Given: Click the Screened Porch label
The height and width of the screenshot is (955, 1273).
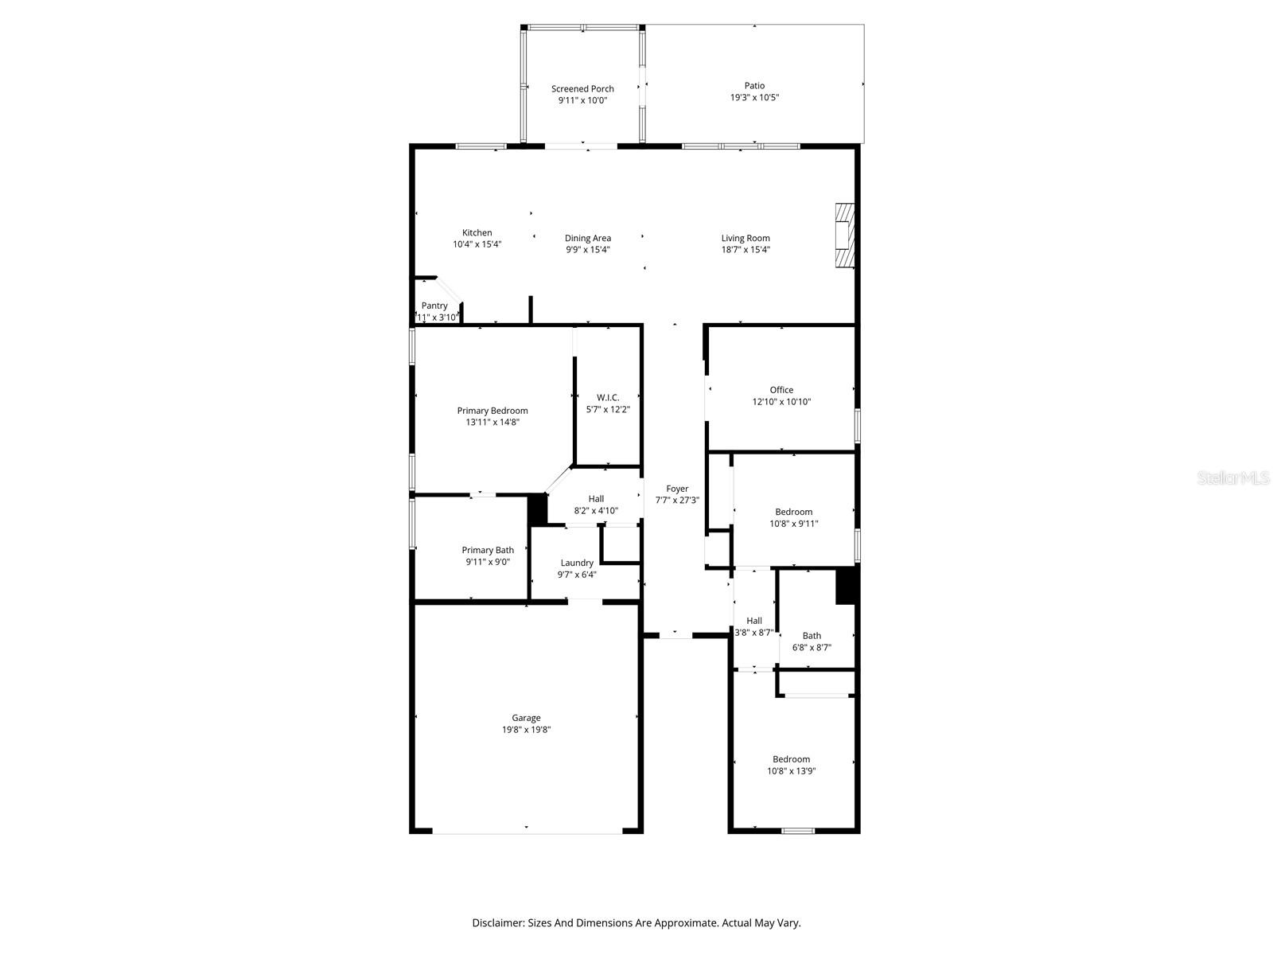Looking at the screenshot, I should (582, 89).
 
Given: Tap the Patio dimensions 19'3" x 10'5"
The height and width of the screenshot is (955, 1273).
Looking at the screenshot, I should (754, 98).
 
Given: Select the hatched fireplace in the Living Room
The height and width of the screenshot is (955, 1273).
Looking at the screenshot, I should (844, 237).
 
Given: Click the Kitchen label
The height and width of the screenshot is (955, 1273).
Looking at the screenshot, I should (477, 233).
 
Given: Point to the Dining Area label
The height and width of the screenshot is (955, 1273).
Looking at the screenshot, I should (588, 238).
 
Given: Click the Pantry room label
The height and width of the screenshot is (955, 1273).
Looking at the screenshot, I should (434, 306).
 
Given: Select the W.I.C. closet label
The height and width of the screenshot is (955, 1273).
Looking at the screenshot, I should (608, 398).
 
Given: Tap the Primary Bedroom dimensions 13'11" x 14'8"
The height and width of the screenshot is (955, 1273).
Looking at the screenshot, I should (492, 423).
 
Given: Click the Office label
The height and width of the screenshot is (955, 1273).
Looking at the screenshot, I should (781, 390).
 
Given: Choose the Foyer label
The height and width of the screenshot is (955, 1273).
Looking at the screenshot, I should (677, 489).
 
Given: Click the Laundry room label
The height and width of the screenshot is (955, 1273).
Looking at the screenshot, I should (577, 563).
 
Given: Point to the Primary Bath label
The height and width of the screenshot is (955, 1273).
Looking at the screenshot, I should (488, 550).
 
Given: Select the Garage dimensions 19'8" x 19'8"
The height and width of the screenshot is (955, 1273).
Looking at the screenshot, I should (526, 730).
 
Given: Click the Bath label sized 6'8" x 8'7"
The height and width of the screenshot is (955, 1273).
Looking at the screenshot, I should (812, 636).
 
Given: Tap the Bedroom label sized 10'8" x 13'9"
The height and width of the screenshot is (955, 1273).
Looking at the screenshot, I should (791, 759).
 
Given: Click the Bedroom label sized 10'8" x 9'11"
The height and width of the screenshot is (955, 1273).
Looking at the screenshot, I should (793, 512).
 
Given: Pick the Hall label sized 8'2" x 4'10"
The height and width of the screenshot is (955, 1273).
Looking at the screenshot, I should (596, 499).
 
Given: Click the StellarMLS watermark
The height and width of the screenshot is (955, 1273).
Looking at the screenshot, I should (1234, 477).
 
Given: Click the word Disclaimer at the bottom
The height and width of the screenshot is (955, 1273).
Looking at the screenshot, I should (497, 923).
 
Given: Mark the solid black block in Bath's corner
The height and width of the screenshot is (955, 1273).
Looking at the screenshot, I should (845, 586).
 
